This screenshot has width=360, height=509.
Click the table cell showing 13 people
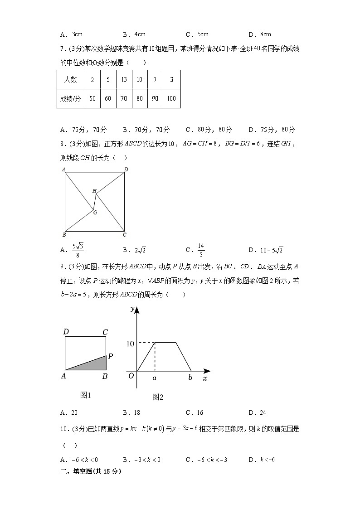coord(124,79)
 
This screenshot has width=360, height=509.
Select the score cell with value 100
coord(171,98)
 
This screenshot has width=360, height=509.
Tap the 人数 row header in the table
coord(70,79)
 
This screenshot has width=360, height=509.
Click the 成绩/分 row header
coord(70,98)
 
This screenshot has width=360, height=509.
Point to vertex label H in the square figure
coord(94,191)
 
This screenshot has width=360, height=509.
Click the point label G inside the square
coord(95,212)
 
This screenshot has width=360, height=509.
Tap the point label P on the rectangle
coord(110,356)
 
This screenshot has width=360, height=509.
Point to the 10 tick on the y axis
coord(130,344)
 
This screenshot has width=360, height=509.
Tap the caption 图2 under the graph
coord(158,398)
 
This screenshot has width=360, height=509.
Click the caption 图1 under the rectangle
coord(86,395)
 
